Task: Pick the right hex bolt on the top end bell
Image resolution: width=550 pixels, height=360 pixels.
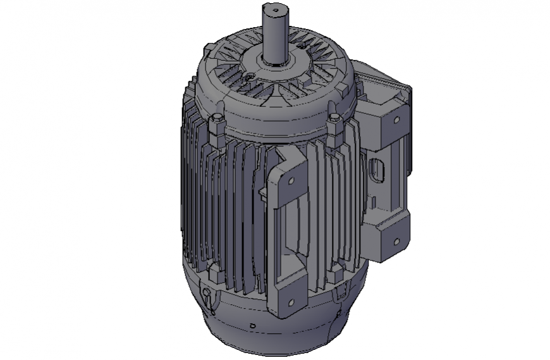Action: [334, 120]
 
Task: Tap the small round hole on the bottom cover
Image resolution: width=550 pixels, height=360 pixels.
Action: [252, 326]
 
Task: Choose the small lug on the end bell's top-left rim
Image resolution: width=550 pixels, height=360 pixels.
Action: [208, 45]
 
